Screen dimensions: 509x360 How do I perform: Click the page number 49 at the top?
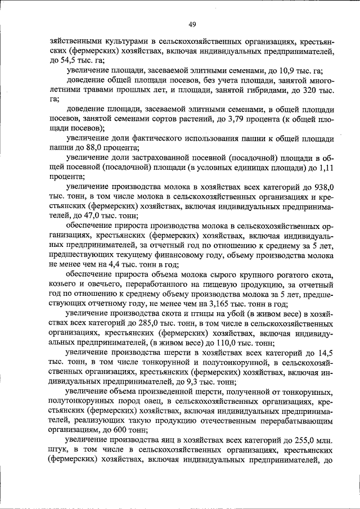(192, 24)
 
